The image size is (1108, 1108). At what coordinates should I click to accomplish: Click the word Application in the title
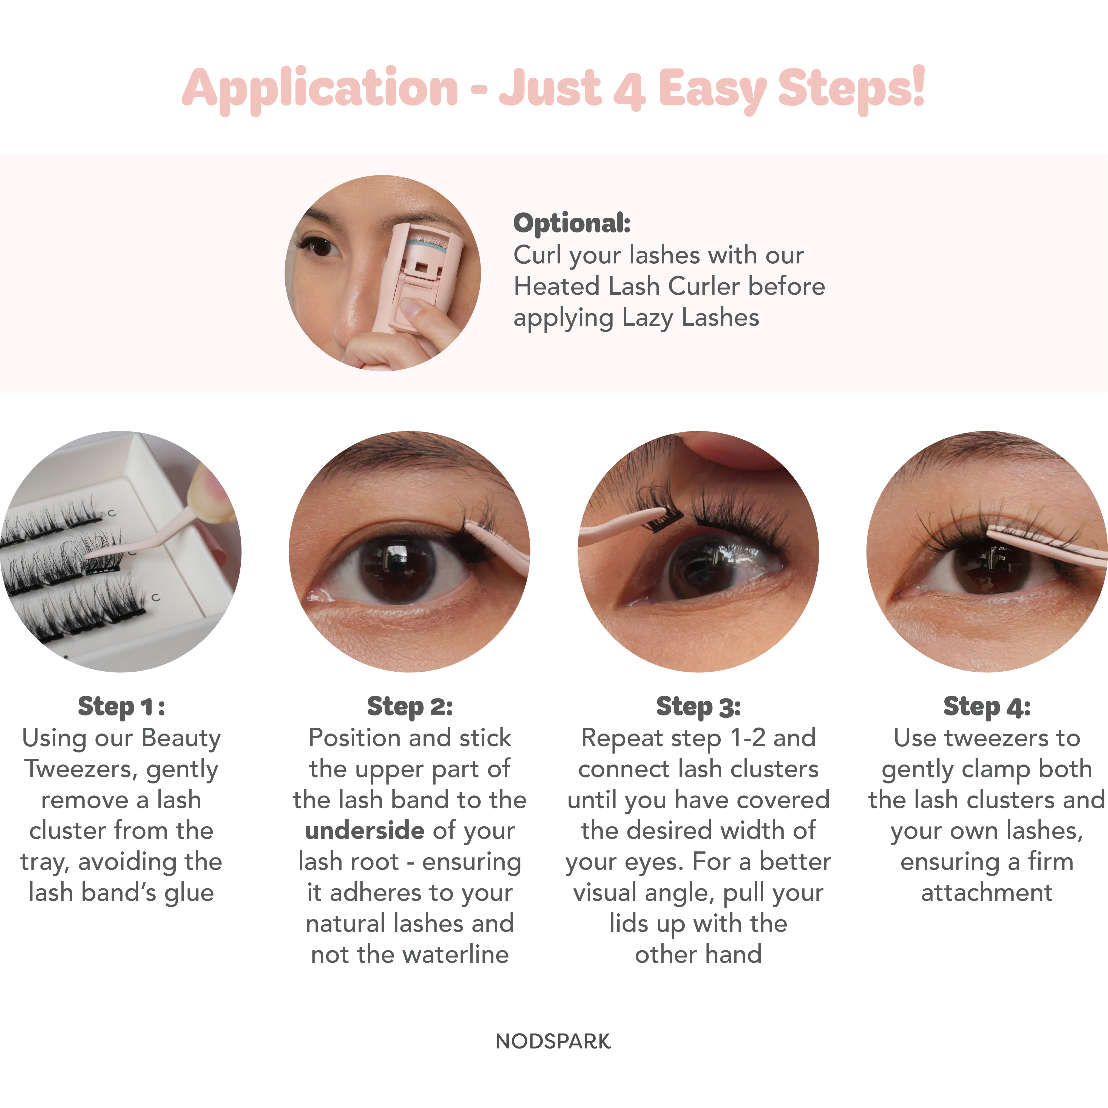tap(319, 89)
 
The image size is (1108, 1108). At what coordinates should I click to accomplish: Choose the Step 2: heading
tap(410, 706)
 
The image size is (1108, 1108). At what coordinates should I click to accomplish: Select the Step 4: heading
tap(986, 706)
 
